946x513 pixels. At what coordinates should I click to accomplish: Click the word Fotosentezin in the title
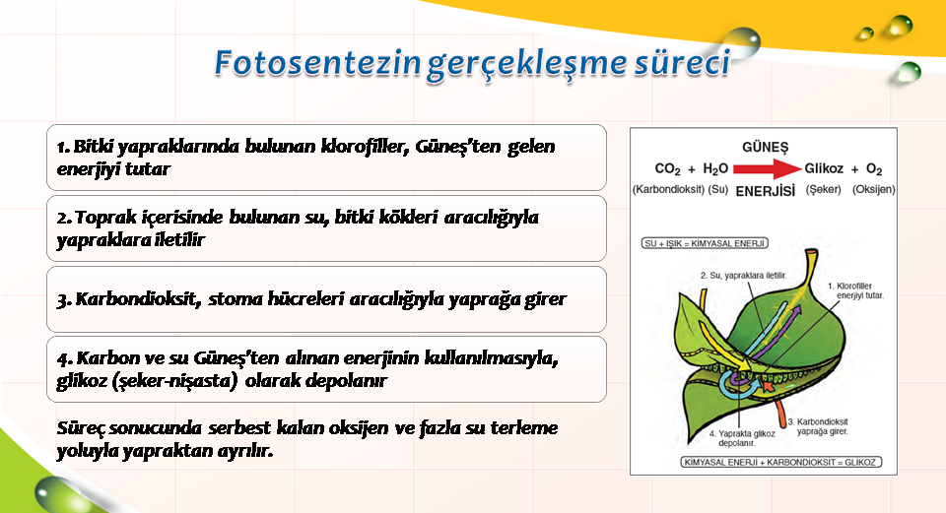[x=317, y=63]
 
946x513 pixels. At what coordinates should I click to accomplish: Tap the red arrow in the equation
[x=768, y=169]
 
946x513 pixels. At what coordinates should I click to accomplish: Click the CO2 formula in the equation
[x=667, y=169]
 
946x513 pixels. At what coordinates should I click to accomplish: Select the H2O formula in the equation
[x=715, y=169]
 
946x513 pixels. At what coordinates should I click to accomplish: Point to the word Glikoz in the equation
[x=824, y=168]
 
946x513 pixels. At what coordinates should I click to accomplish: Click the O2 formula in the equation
[x=874, y=169]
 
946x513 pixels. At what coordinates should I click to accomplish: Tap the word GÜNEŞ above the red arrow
[x=765, y=147]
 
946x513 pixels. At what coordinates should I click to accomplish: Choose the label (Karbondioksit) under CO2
[x=668, y=189]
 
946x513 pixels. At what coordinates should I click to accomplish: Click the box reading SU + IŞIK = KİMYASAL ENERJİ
[x=705, y=243]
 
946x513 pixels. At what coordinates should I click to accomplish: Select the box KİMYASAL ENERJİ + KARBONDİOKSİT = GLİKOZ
[x=780, y=463]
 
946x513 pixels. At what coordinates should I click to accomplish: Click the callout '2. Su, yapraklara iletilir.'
[x=743, y=276]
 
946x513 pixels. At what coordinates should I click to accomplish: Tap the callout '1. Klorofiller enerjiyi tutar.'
[x=855, y=290]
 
